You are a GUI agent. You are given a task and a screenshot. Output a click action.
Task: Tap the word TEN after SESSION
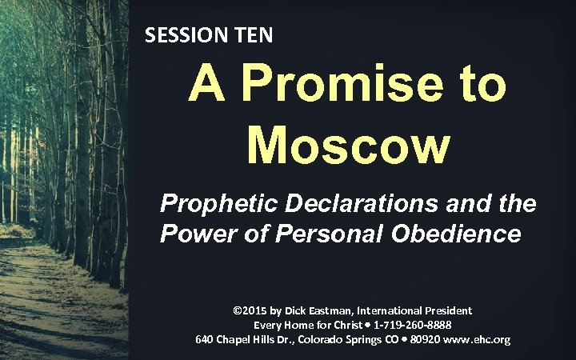(x=251, y=35)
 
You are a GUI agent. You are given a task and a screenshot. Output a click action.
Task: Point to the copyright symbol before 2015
(x=237, y=310)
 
